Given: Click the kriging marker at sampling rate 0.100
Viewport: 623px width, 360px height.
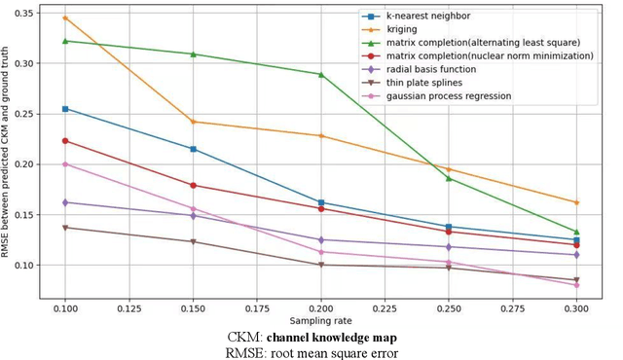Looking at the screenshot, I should [65, 18].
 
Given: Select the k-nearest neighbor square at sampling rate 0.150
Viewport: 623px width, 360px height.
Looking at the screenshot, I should [193, 149].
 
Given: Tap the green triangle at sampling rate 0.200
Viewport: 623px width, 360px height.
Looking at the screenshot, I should [321, 74].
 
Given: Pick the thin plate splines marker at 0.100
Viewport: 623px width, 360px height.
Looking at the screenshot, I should [65, 228].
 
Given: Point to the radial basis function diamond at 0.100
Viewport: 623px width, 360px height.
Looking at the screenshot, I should [65, 202].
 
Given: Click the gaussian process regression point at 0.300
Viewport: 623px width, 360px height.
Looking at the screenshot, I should [576, 285].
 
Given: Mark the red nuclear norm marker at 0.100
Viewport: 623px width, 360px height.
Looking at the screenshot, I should [65, 141].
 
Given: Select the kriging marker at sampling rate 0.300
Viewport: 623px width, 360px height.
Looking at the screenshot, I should [576, 202].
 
